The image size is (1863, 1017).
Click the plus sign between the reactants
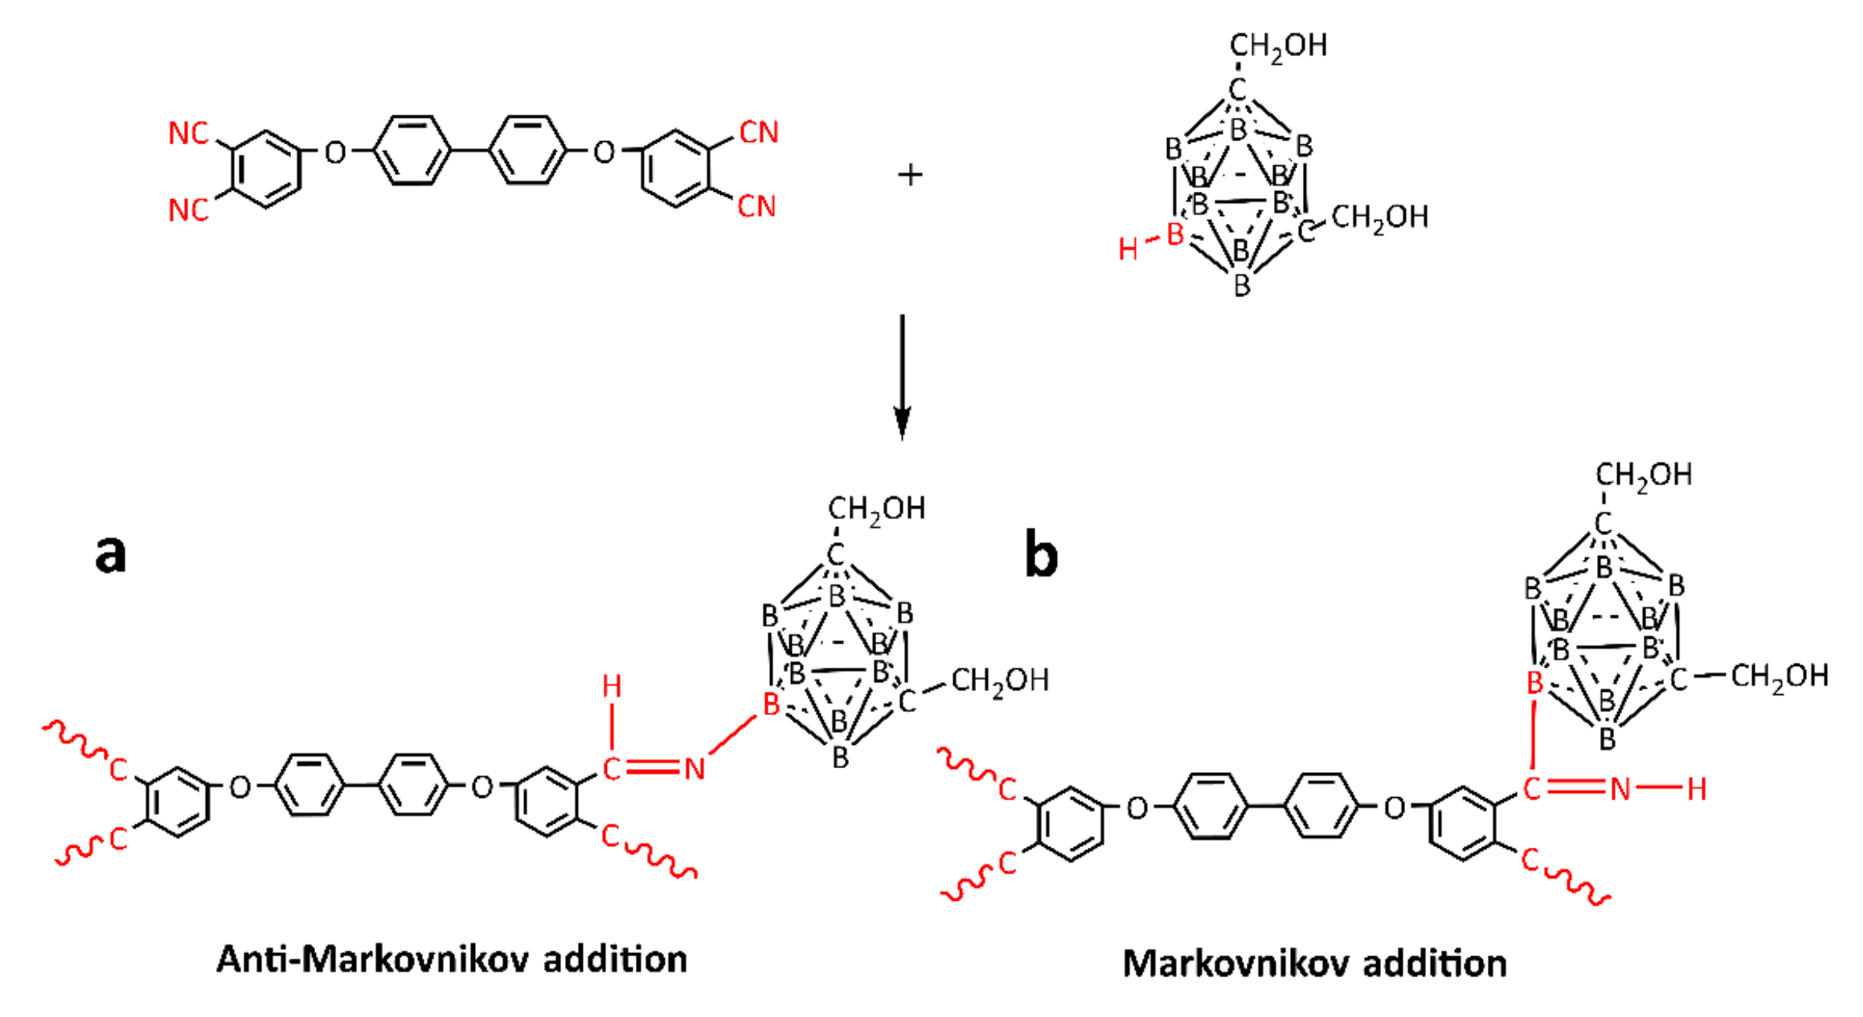910,175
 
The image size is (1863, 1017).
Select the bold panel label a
110,554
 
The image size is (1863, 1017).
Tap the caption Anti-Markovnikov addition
452,959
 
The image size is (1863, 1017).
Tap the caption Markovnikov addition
1315,964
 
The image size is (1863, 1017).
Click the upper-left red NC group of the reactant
189,133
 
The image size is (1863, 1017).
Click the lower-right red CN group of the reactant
757,207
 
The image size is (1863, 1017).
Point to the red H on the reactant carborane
1127,250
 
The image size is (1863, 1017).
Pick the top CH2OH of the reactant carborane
1278,46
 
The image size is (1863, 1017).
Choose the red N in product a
694,770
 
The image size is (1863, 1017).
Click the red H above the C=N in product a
612,687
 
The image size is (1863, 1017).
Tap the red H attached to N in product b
1696,789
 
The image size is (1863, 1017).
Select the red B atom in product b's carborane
1535,683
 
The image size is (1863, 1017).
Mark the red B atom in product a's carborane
771,705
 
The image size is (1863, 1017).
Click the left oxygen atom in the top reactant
335,153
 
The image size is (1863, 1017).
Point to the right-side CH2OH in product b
1779,676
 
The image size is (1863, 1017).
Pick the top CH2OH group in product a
876,509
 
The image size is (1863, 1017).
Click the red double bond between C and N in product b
1575,788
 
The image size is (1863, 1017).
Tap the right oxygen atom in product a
482,788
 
